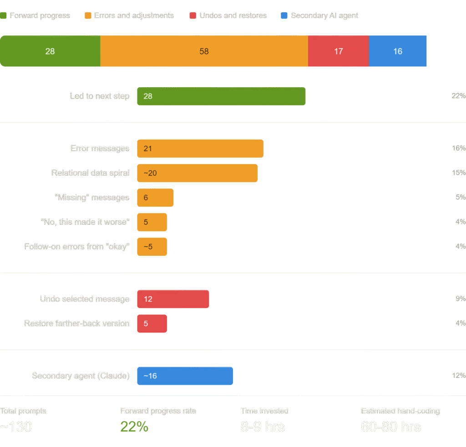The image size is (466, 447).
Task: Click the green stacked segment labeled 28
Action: pyautogui.click(x=50, y=51)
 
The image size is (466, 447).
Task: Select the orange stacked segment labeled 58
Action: pyautogui.click(x=204, y=51)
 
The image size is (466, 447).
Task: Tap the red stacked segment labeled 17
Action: pyautogui.click(x=338, y=51)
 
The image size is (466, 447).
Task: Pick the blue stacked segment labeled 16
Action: pyautogui.click(x=398, y=51)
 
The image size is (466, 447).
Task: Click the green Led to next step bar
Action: pyautogui.click(x=221, y=96)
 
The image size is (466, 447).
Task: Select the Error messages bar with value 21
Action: pyautogui.click(x=200, y=149)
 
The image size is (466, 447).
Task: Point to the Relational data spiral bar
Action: pyautogui.click(x=197, y=173)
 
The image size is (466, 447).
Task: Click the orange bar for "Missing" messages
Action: pyautogui.click(x=155, y=198)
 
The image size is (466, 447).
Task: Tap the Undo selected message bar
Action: pyautogui.click(x=173, y=299)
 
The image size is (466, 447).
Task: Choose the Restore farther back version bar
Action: pyautogui.click(x=152, y=323)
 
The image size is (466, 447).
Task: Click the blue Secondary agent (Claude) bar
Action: pyautogui.click(x=185, y=376)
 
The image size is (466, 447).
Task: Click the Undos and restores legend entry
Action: pyautogui.click(x=228, y=15)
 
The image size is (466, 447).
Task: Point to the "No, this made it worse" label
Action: pyautogui.click(x=85, y=222)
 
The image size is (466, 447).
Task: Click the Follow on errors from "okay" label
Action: pyautogui.click(x=77, y=247)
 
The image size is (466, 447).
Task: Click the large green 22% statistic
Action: pyautogui.click(x=134, y=427)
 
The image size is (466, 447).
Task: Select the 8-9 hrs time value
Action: pyautogui.click(x=263, y=427)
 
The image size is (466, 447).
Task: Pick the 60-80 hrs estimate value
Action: pyautogui.click(x=390, y=427)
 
